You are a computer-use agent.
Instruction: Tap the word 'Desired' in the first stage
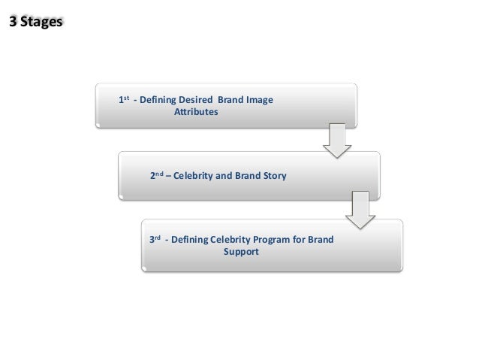[x=196, y=99]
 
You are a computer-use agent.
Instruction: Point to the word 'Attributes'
[x=196, y=111]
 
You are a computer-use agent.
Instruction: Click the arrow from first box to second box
[x=337, y=141]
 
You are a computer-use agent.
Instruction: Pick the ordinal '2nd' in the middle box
[x=157, y=176]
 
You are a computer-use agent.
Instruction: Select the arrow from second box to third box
[x=360, y=210]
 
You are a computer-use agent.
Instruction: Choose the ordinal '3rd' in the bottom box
[x=155, y=240]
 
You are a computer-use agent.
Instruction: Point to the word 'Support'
[x=240, y=252]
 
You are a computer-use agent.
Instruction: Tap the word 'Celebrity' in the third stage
[x=231, y=240]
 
